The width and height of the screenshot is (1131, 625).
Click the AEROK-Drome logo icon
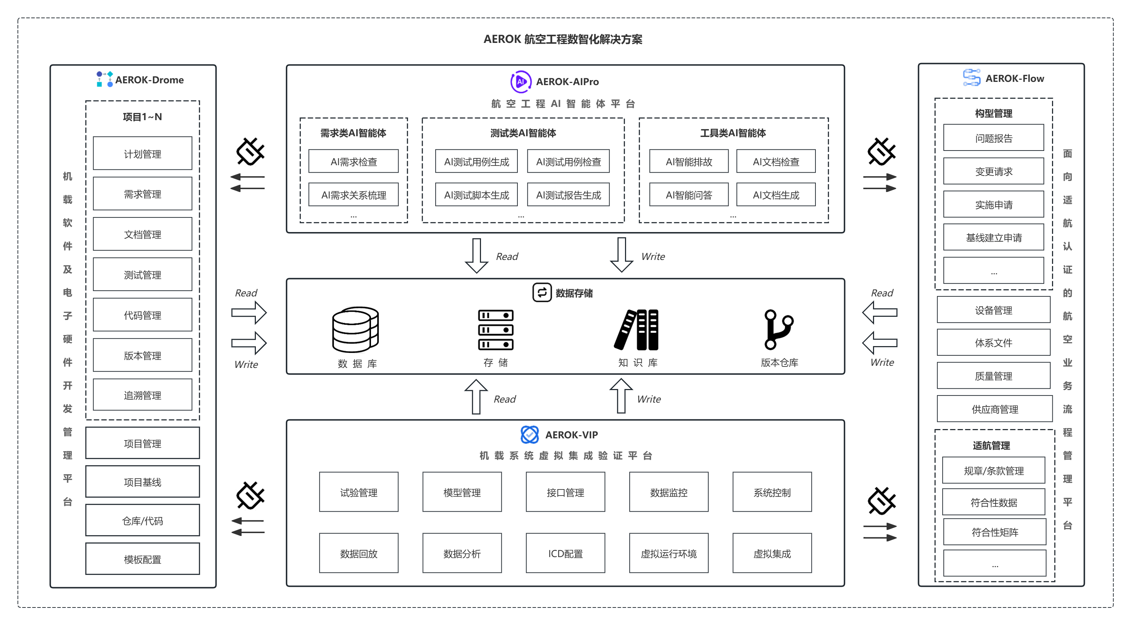[104, 79]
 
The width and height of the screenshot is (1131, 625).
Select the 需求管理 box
[142, 194]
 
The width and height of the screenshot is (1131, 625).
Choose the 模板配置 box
[142, 559]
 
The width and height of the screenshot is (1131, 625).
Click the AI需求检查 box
[353, 161]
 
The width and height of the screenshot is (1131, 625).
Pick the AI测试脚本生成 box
[476, 195]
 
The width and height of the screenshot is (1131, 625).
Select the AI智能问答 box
[689, 195]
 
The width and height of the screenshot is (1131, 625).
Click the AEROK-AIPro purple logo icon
[521, 82]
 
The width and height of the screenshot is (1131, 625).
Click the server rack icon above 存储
[496, 329]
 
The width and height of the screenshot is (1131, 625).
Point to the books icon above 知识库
[637, 329]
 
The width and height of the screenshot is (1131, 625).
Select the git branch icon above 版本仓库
[778, 329]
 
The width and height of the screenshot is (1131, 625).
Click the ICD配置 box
[565, 553]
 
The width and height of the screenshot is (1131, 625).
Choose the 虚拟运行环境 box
[668, 553]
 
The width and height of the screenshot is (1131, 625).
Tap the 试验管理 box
[358, 492]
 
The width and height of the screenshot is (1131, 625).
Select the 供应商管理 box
[994, 409]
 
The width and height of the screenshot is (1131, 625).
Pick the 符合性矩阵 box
[994, 532]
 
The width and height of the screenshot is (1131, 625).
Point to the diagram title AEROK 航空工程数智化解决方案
[562, 39]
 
